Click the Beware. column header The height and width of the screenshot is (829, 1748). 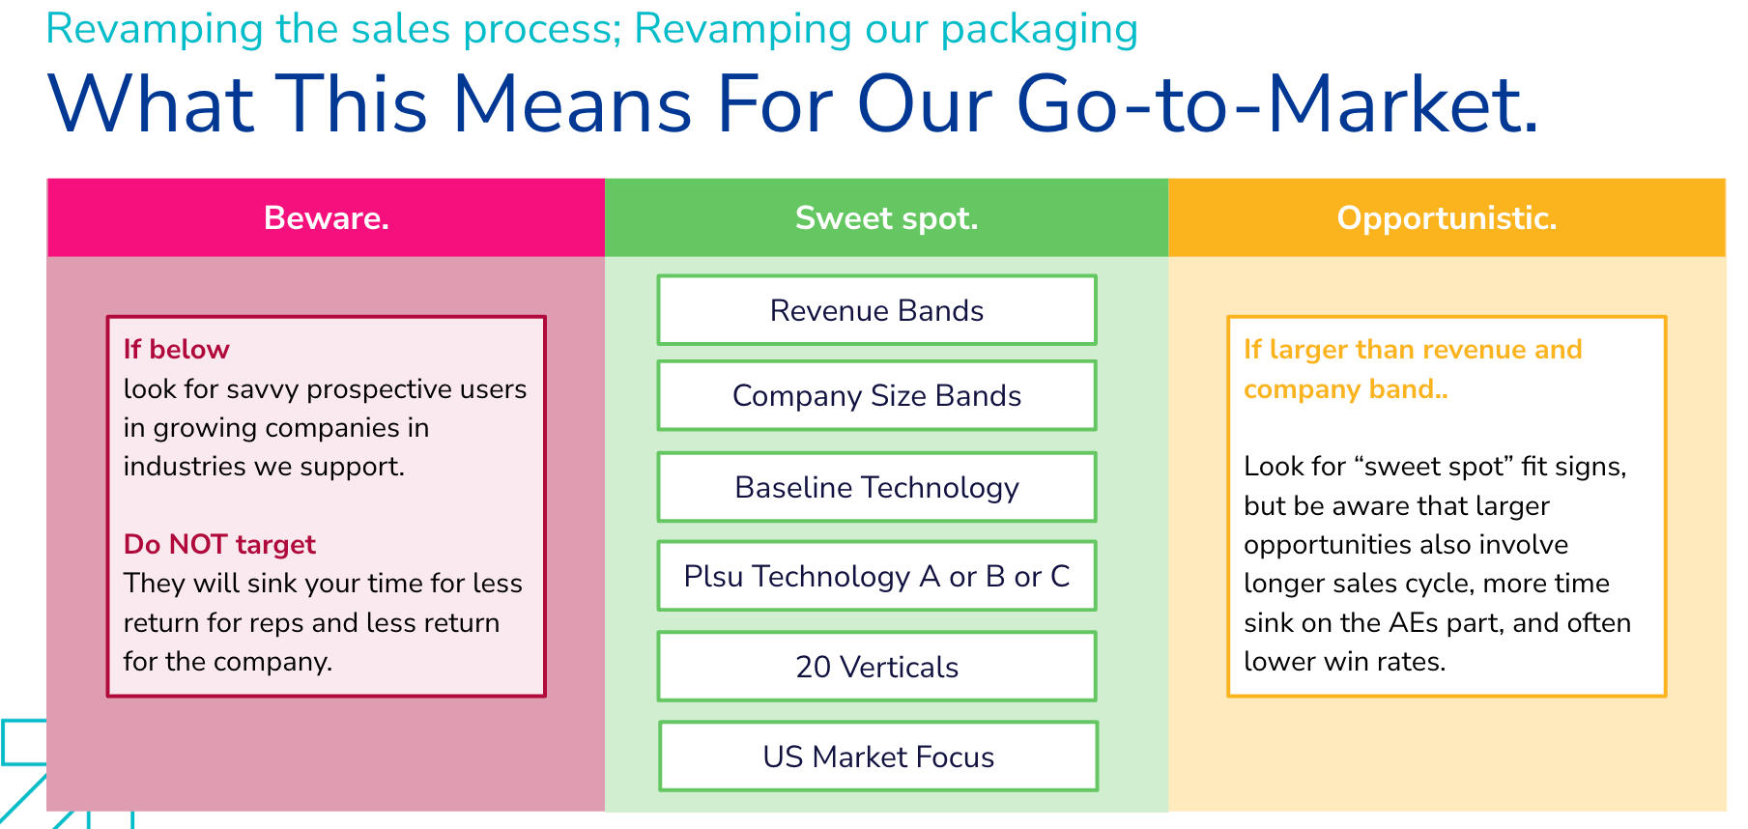326,218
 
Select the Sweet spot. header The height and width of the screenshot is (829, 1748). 886,218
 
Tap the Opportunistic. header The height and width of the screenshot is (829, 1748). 1447,218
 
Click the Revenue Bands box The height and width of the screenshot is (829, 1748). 876,310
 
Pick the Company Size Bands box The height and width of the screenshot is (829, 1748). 876,395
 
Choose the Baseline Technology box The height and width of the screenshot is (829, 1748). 876,487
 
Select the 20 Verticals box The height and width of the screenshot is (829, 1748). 876,667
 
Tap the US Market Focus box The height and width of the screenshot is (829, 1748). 877,757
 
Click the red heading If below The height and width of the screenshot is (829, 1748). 176,350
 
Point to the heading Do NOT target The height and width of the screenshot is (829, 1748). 219,544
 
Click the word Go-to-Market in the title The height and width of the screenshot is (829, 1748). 1275,104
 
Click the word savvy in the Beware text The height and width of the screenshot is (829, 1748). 262,389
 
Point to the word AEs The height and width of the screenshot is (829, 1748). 1414,623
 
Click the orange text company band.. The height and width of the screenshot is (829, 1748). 1344,389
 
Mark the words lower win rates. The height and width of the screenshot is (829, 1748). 1344,662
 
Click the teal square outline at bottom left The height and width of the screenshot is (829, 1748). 21,742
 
